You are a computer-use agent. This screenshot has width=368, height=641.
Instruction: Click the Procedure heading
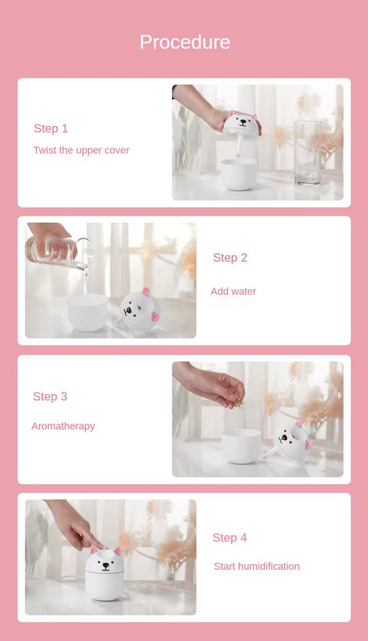[184, 42]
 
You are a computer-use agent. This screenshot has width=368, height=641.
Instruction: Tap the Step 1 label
[51, 128]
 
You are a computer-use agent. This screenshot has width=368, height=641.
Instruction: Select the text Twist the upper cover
[81, 150]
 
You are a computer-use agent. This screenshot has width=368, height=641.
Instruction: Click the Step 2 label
[230, 257]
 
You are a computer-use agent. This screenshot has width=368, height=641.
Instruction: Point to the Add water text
[233, 291]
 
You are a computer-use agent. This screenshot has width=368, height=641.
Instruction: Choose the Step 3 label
[50, 396]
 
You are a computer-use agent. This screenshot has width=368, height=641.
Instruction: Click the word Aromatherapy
[63, 426]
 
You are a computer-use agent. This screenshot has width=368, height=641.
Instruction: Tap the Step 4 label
[230, 538]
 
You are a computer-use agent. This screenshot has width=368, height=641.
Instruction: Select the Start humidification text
[256, 566]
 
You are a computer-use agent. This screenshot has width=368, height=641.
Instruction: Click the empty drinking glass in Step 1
[308, 152]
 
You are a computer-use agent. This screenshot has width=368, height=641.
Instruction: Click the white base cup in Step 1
[239, 174]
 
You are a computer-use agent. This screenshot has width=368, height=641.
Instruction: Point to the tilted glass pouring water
[59, 252]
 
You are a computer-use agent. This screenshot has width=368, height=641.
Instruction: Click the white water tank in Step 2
[88, 313]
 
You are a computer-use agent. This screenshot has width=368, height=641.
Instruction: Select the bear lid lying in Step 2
[139, 310]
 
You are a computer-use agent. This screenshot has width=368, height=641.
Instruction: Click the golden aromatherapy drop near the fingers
[238, 403]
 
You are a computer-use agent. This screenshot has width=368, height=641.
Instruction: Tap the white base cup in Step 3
[241, 446]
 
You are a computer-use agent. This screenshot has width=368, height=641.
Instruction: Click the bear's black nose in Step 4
[105, 565]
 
